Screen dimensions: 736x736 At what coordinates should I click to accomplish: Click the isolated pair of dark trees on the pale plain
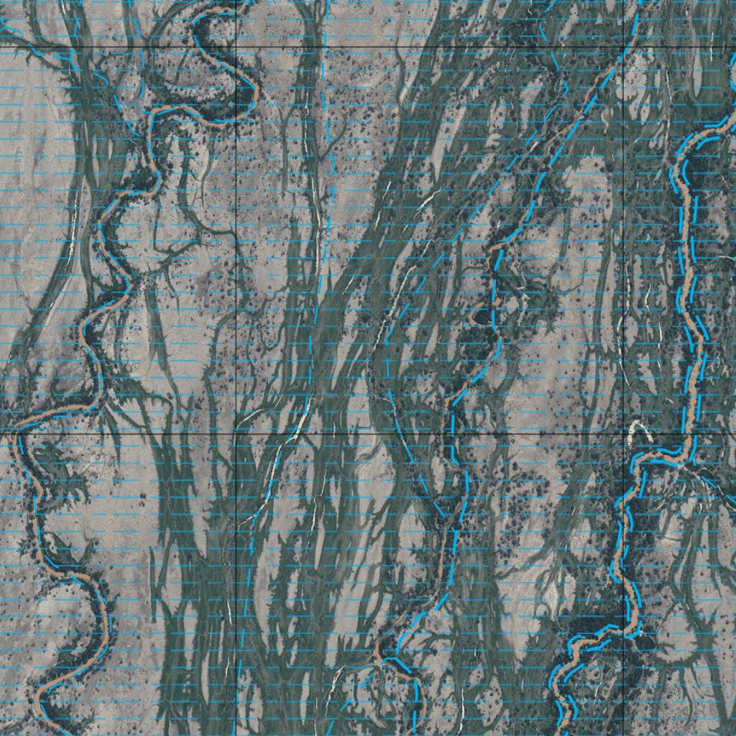point(147,496)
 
